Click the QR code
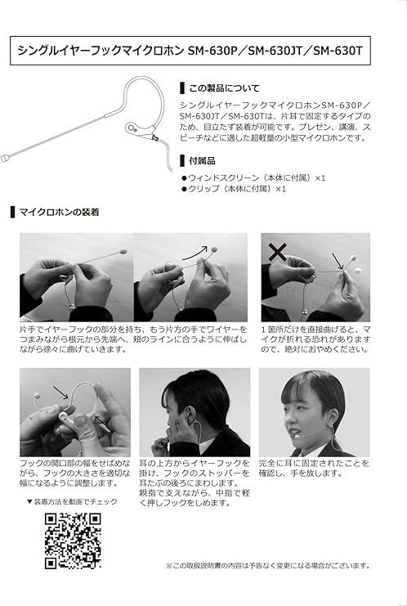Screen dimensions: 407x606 [x=73, y=541]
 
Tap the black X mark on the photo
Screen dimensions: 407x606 [x=277, y=252]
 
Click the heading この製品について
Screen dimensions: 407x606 [x=224, y=88]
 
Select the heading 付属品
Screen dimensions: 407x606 [x=202, y=160]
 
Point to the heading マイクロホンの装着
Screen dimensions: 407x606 [x=59, y=212]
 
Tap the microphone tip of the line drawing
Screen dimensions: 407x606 [x=5, y=158]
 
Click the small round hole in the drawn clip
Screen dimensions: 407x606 [x=132, y=128]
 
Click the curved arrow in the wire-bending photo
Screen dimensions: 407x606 [x=195, y=253]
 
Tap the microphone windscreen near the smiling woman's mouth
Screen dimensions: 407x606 [x=297, y=436]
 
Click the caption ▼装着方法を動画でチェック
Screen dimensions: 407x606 [x=72, y=501]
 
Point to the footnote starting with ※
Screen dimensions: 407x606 [x=268, y=566]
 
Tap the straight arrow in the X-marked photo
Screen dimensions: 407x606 [x=337, y=261]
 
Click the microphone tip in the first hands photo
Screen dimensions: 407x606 [x=123, y=251]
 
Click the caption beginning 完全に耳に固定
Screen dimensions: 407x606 [x=314, y=468]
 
